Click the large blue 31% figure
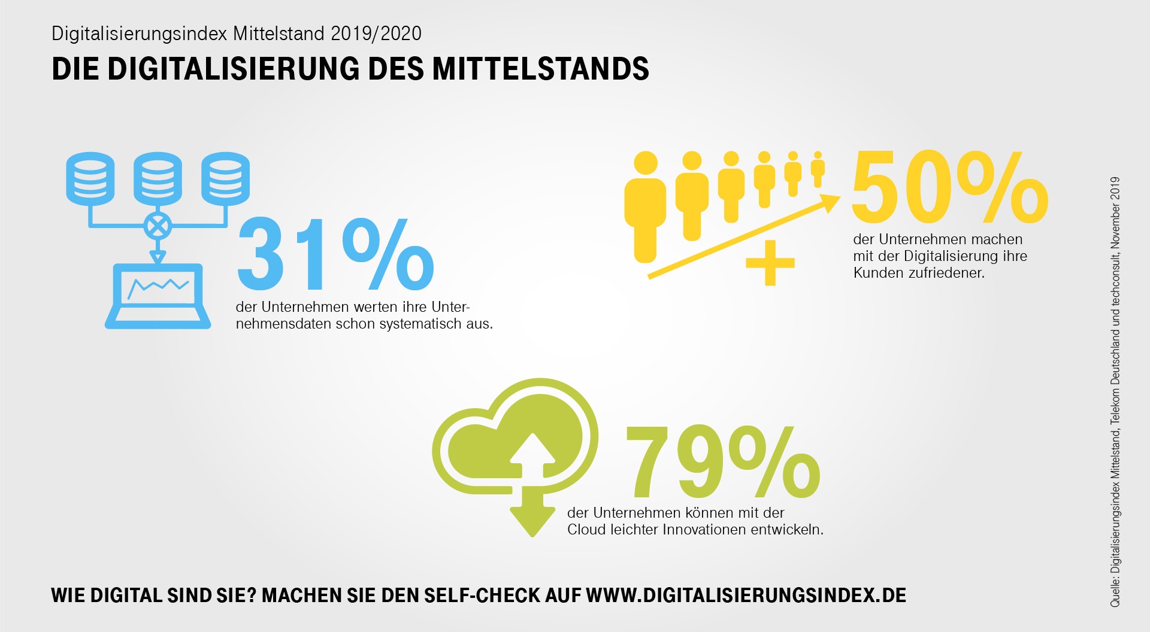click(335, 254)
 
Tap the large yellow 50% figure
click(949, 187)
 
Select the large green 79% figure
click(722, 462)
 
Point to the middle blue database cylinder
click(158, 178)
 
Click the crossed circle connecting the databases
click(158, 226)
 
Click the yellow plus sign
click(770, 263)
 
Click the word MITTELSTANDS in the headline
click(540, 69)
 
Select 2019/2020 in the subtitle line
click(376, 34)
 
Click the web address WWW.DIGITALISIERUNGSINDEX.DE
click(746, 595)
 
